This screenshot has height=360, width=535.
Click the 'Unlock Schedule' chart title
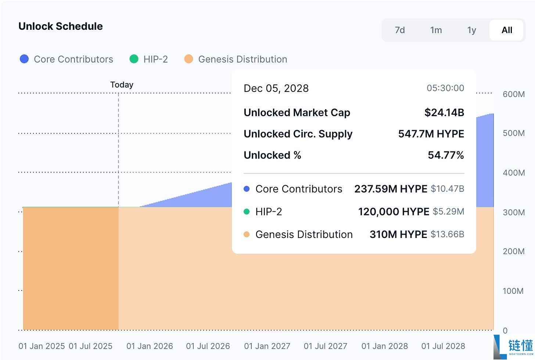(60, 26)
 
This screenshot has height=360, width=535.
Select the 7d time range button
(399, 30)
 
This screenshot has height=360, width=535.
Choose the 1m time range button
(436, 30)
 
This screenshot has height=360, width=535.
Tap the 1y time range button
(471, 30)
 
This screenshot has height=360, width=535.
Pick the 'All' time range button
(507, 30)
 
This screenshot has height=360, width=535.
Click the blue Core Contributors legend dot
(24, 59)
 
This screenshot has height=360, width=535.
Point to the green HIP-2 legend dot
(134, 59)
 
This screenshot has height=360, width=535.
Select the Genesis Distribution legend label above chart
(243, 59)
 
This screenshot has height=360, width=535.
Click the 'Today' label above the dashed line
(122, 85)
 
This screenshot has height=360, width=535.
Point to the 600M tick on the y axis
(514, 94)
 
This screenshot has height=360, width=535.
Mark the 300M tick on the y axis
(514, 212)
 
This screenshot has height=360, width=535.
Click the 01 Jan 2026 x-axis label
(150, 346)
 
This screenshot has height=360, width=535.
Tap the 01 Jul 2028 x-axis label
(443, 346)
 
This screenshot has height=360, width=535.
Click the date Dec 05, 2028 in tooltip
(276, 89)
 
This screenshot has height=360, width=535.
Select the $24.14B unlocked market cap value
(444, 113)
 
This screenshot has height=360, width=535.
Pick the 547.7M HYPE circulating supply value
(431, 134)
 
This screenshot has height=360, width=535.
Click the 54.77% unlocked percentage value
(446, 155)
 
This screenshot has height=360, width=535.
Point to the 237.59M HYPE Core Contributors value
(391, 189)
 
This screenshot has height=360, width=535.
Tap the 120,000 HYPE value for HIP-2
(394, 211)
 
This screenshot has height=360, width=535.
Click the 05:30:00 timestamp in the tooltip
(445, 88)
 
